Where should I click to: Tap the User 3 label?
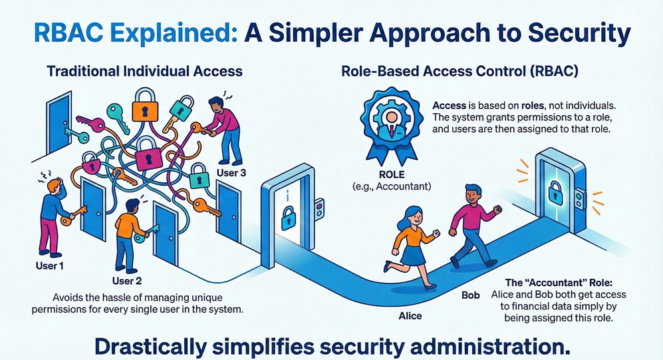pos(231,174)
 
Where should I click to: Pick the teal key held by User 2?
pos(150,230)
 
